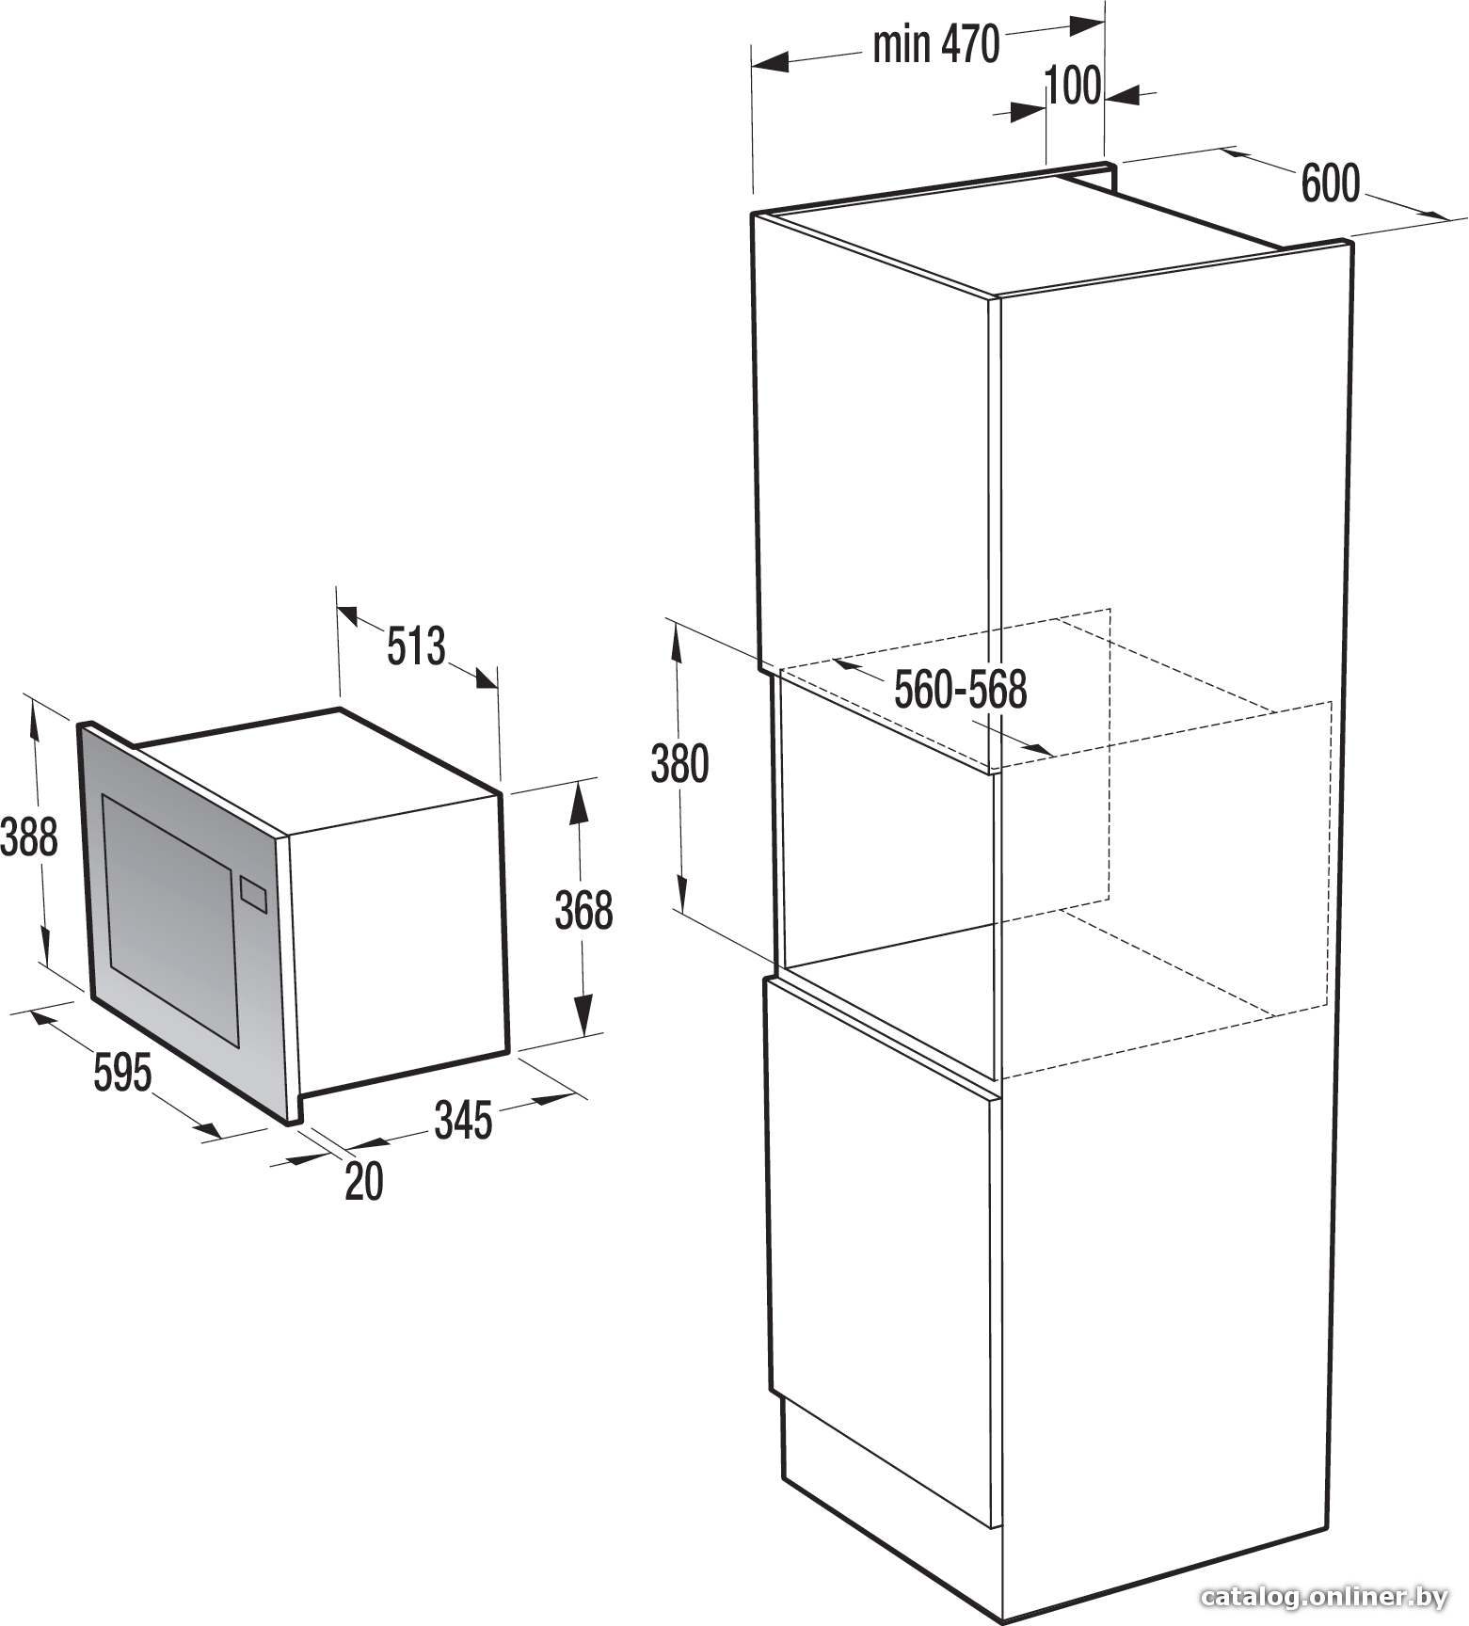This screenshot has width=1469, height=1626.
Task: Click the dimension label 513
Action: tap(415, 646)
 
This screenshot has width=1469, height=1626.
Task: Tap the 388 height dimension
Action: tap(29, 837)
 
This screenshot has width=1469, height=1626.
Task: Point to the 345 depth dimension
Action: tap(463, 1121)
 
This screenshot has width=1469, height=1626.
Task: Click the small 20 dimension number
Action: tap(364, 1182)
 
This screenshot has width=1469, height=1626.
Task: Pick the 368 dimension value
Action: tap(583, 911)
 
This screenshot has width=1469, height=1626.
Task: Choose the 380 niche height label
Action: tap(679, 764)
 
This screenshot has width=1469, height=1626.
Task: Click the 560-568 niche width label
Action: tap(960, 691)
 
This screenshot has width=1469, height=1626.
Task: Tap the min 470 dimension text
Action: tap(935, 45)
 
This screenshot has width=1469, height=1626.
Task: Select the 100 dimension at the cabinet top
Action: tap(1073, 86)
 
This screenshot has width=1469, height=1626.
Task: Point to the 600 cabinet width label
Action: tap(1331, 183)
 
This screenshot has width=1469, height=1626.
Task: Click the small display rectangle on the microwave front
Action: tap(254, 894)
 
